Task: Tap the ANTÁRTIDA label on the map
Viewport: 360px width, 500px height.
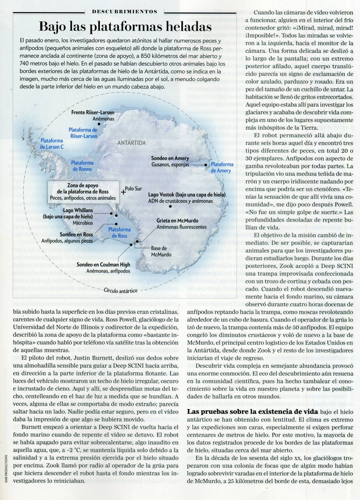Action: pos(131,143)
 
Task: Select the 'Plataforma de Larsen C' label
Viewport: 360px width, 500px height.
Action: pos(52,144)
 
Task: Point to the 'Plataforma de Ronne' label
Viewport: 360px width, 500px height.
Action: pos(82,166)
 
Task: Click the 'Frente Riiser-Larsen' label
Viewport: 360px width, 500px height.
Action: pos(93,112)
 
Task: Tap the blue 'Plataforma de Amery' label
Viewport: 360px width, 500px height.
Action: pos(222,167)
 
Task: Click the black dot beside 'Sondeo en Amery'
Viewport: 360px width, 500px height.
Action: pos(206,165)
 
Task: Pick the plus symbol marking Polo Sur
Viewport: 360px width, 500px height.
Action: pos(123,191)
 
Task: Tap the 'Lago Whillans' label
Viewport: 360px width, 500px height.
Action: pos(78,211)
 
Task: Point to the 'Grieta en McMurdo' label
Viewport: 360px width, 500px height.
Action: pos(177,221)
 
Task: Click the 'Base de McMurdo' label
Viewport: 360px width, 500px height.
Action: pos(159,251)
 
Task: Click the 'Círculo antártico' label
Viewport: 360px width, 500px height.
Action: pos(121,290)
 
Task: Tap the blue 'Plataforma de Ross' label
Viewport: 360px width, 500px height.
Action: pos(117,233)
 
